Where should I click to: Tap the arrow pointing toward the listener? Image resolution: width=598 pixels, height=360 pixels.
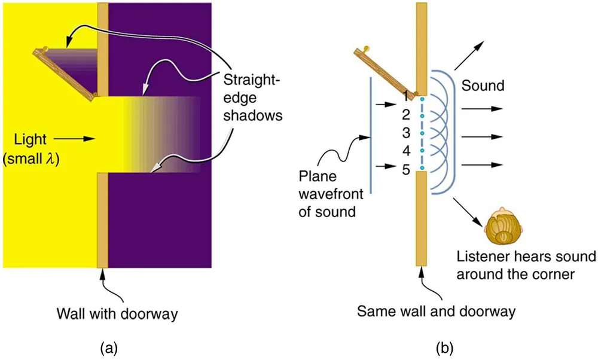pos(469,212)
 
